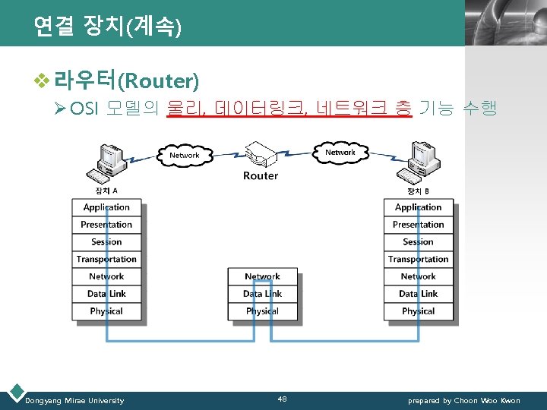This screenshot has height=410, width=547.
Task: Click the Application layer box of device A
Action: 106,207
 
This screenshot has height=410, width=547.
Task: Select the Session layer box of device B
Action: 418,242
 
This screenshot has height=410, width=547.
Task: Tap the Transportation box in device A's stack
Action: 106,260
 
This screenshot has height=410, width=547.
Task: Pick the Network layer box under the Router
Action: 262,276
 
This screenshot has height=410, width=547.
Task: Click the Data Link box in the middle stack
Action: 262,294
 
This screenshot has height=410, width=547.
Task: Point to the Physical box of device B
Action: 418,311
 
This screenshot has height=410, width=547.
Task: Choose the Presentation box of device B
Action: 418,225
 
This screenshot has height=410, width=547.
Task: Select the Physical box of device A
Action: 106,311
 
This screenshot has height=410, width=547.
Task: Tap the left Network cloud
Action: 184,156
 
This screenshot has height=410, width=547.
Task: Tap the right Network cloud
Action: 340,153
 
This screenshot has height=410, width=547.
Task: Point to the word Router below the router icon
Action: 261,176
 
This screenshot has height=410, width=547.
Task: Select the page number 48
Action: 282,399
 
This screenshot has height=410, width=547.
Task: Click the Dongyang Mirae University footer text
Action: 74,400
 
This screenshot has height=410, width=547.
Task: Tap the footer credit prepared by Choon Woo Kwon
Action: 464,400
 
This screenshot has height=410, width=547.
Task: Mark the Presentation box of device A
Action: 106,225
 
